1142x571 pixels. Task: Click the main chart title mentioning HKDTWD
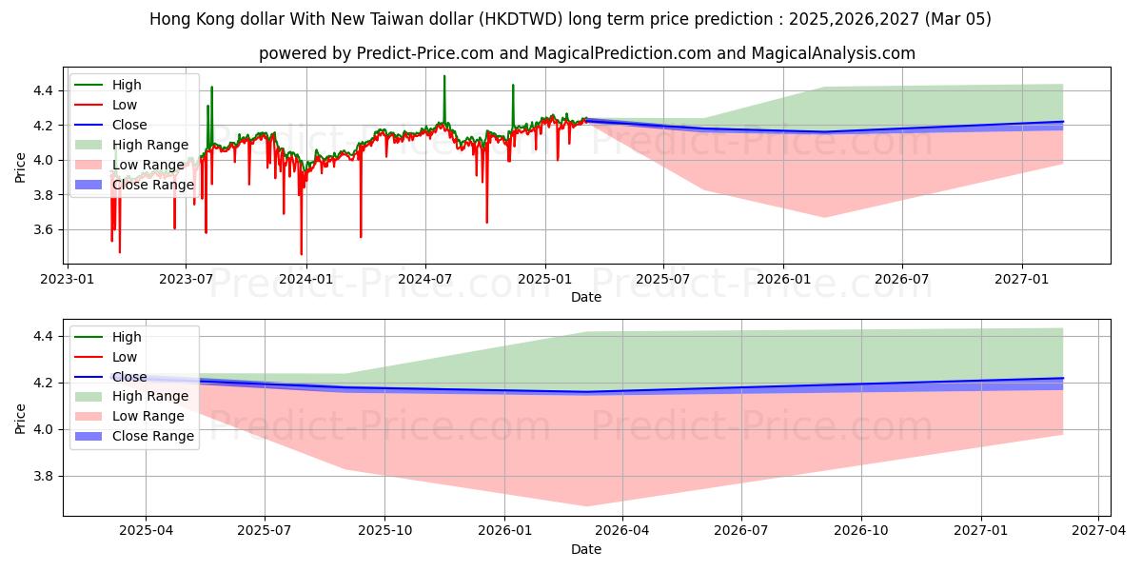tap(571, 19)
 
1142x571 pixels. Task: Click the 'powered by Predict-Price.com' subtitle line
tap(586, 53)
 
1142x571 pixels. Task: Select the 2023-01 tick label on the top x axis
tap(66, 280)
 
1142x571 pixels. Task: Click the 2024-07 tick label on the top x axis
tap(424, 280)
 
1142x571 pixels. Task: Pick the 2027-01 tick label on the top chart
tap(1022, 280)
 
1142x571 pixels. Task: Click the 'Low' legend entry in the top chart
tap(125, 106)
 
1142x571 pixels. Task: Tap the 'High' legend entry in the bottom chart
tap(127, 337)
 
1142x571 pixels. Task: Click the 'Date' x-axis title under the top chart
tap(586, 297)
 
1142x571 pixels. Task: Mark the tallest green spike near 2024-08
tap(444, 76)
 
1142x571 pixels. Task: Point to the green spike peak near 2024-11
tap(513, 85)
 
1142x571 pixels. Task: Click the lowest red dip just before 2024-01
tap(302, 254)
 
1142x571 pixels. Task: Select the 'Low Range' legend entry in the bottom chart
tap(149, 417)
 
